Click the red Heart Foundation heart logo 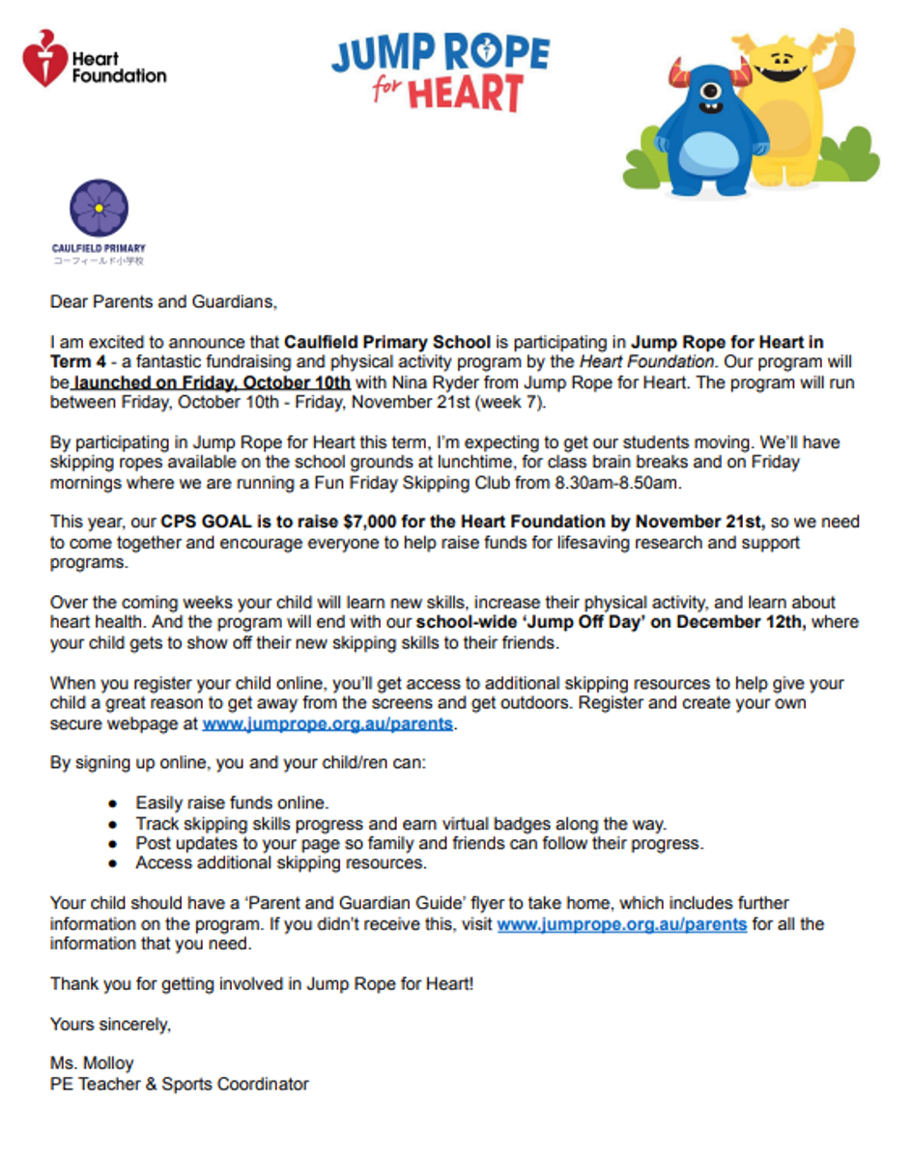pos(45,58)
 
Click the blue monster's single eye pos(710,93)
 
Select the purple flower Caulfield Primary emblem pos(99,208)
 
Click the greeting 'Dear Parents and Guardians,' pos(163,301)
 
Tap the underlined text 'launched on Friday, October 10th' pos(212,382)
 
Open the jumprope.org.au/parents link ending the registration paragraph pos(327,723)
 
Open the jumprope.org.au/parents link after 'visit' pos(621,924)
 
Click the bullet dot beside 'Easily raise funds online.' pos(113,804)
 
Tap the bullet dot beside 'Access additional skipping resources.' pos(113,863)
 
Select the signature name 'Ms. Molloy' pos(92,1063)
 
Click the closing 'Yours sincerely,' pos(110,1024)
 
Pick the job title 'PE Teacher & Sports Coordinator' pos(180,1084)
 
